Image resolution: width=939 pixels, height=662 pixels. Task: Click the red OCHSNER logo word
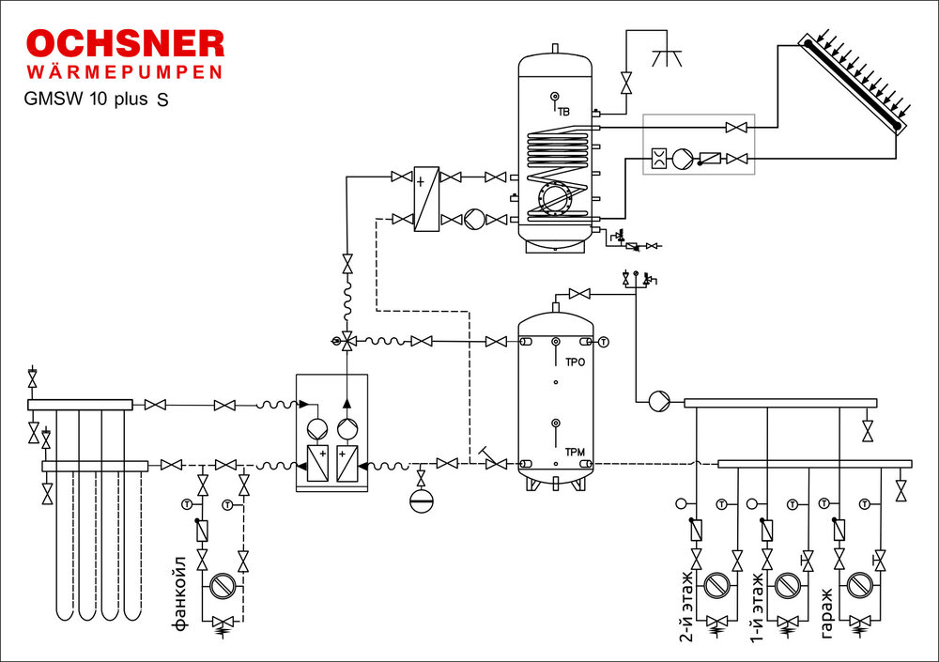(125, 44)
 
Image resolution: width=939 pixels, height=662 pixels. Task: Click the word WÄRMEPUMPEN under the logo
(125, 72)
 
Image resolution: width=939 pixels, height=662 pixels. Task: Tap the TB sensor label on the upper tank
(563, 112)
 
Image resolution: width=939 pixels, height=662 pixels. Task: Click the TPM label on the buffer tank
(575, 453)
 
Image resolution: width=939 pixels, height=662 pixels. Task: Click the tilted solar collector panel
(850, 85)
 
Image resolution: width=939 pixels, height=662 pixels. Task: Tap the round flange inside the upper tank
(554, 198)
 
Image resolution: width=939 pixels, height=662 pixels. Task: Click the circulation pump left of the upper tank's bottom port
(474, 219)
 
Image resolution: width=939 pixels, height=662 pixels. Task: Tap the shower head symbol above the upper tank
(668, 54)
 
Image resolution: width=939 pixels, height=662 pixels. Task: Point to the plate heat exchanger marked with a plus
(427, 197)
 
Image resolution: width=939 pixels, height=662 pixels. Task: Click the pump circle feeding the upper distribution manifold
(656, 400)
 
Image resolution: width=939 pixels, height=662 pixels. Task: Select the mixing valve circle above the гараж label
(858, 586)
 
